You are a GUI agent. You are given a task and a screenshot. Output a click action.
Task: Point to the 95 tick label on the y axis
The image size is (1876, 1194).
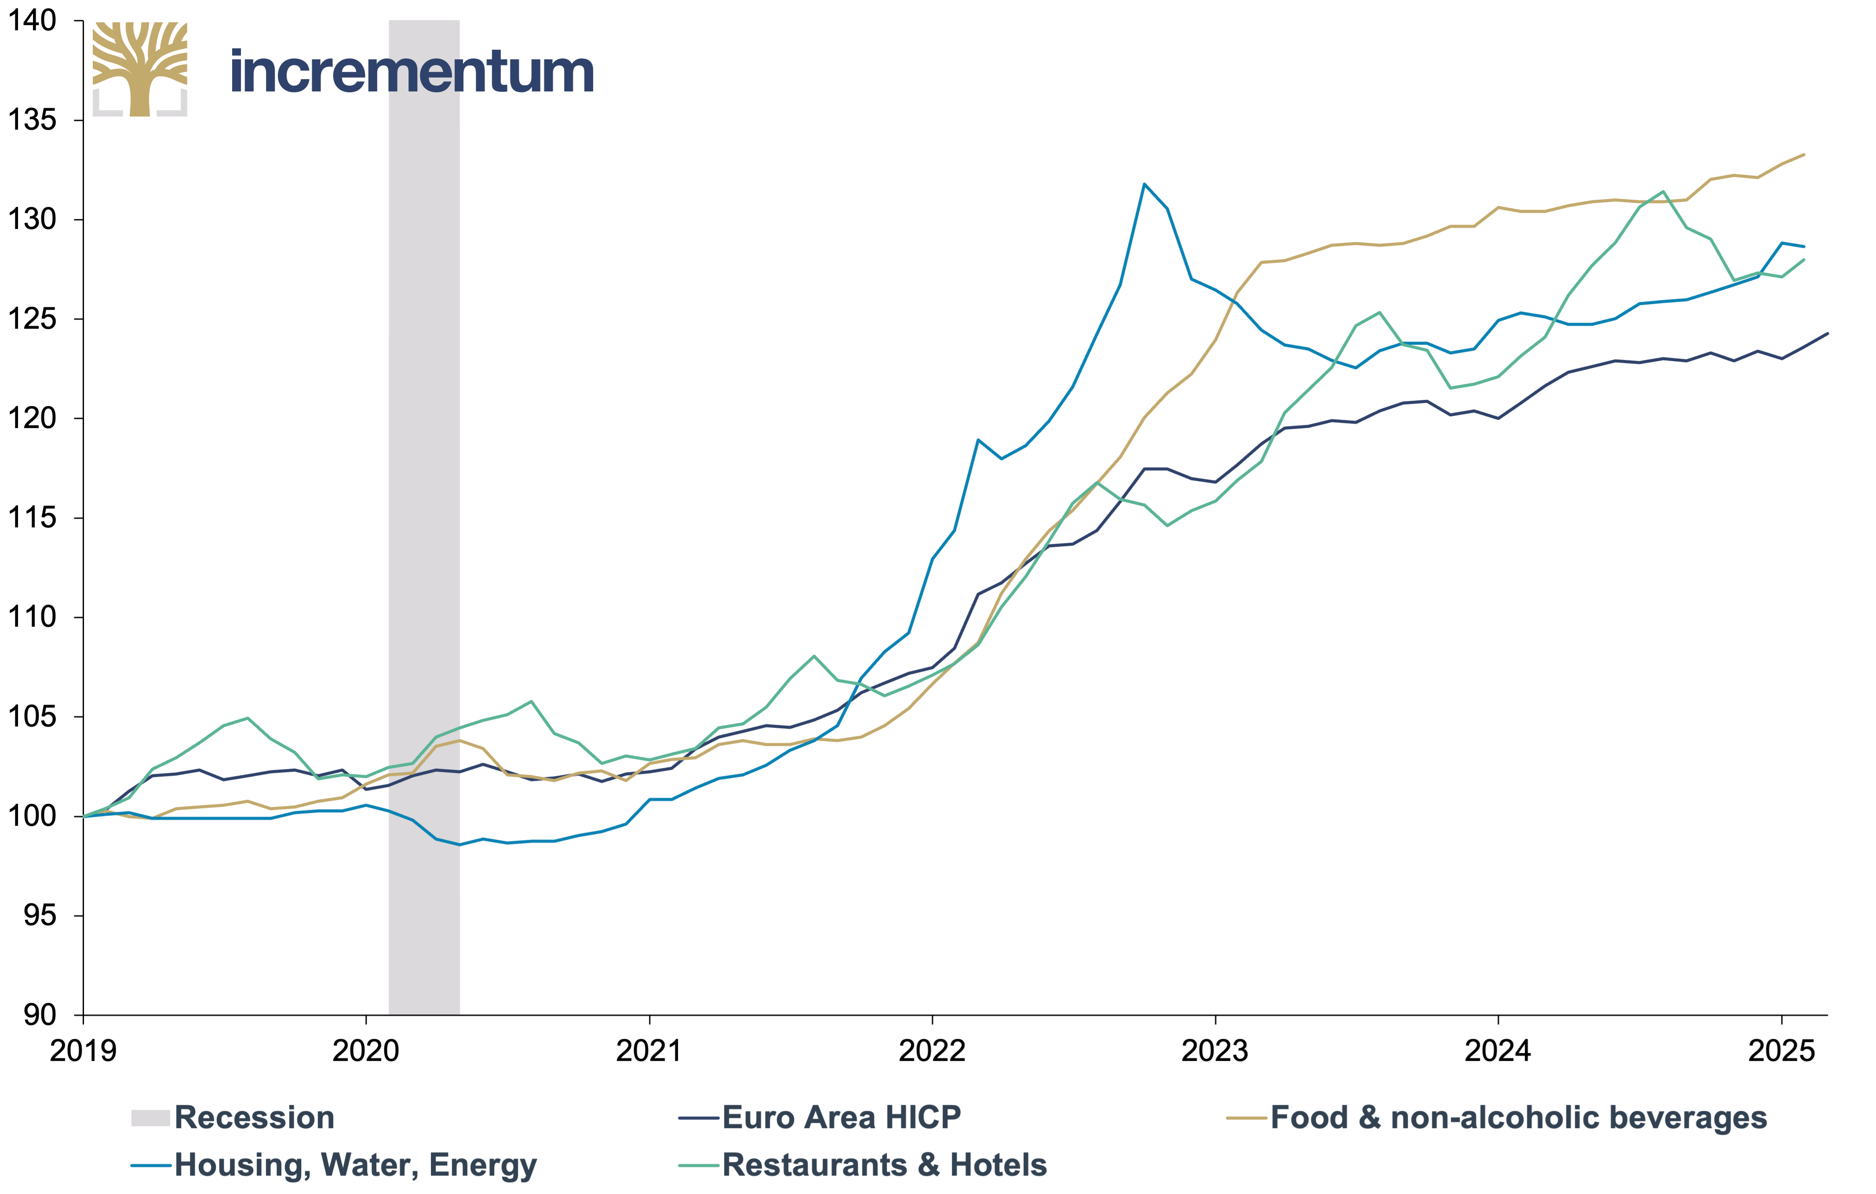pyautogui.click(x=40, y=916)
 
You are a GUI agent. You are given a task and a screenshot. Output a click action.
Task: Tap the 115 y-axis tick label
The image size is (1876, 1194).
pyautogui.click(x=33, y=518)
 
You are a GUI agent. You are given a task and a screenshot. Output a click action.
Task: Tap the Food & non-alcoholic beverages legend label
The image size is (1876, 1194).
pyautogui.click(x=1519, y=1118)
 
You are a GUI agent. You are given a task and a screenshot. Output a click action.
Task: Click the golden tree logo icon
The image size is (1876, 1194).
pyautogui.click(x=140, y=69)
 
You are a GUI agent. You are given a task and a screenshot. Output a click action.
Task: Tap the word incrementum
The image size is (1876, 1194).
pyautogui.click(x=412, y=72)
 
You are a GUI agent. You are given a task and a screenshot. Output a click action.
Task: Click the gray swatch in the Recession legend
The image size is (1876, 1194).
pyautogui.click(x=150, y=1118)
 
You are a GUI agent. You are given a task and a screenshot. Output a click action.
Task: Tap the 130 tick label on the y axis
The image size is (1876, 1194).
pyautogui.click(x=33, y=220)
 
